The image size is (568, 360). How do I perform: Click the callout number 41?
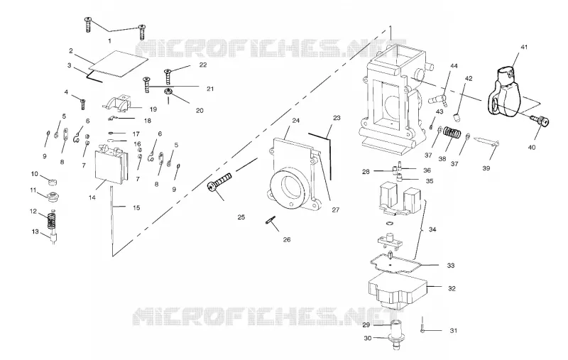click(x=524, y=47)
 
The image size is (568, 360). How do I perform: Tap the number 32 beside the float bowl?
click(x=452, y=289)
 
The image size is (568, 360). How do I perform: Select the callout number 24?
click(x=296, y=121)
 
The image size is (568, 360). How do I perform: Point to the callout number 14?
click(x=92, y=197)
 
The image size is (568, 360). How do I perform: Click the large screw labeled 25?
click(x=219, y=182)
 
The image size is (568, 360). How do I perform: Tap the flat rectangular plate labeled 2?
click(x=119, y=64)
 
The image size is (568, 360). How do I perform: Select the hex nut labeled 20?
click(x=168, y=92)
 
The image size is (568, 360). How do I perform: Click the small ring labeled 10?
click(x=53, y=180)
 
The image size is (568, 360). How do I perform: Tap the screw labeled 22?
click(x=168, y=77)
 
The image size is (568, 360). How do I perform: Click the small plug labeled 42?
click(x=458, y=118)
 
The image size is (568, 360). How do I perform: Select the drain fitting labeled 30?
click(x=395, y=335)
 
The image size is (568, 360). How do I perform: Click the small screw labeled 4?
click(x=83, y=104)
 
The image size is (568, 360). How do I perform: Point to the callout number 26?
click(x=287, y=239)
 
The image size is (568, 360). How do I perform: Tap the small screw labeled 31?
click(x=422, y=324)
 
